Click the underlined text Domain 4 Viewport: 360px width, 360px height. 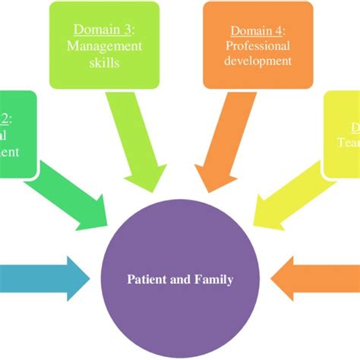tap(257, 30)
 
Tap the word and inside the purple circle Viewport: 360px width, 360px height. tap(182, 279)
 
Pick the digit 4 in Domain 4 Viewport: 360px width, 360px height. tap(279, 30)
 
